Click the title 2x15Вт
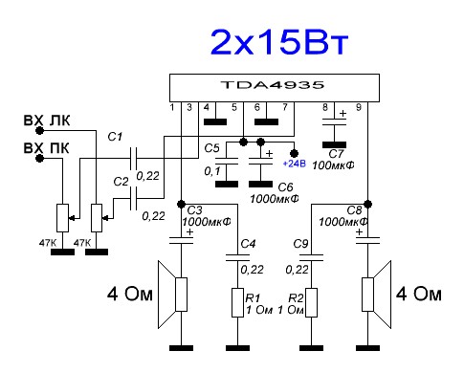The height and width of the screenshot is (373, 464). [x=277, y=43]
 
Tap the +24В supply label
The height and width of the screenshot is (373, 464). [x=295, y=164]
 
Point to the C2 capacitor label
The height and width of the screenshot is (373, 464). [x=121, y=181]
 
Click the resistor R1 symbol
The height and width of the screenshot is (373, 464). [x=235, y=302]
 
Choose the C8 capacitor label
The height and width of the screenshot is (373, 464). [x=352, y=208]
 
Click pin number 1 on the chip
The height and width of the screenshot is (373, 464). [x=174, y=106]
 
